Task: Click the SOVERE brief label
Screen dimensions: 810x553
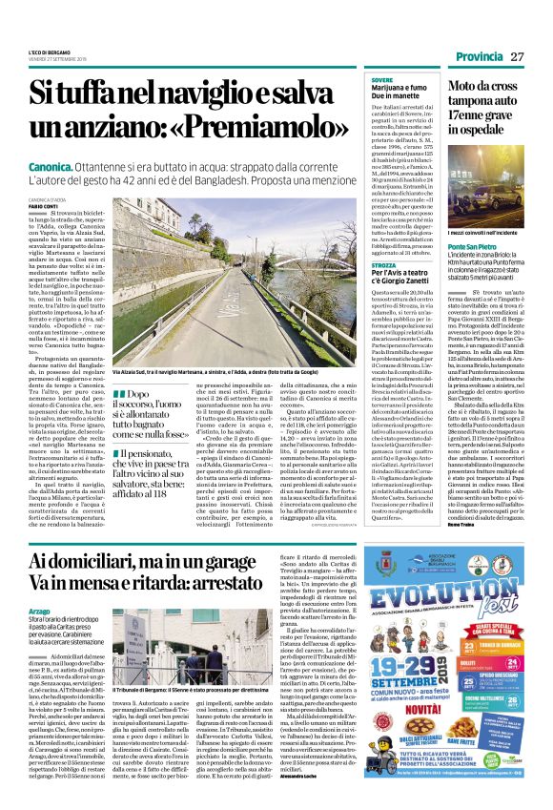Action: [x=380, y=79]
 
